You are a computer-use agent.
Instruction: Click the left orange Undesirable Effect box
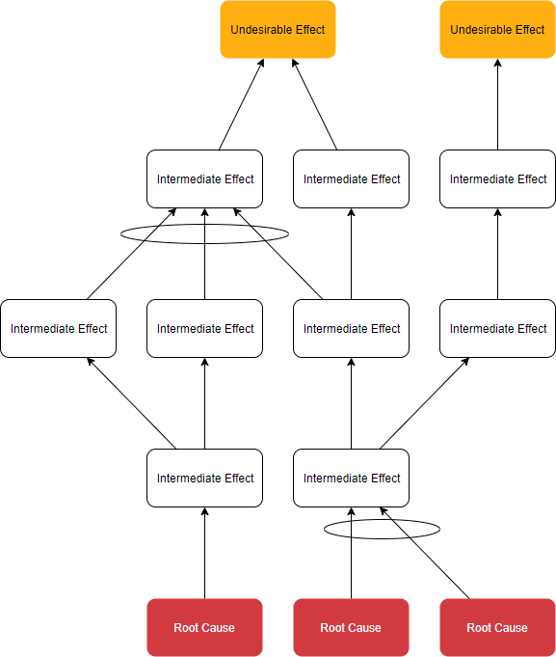(278, 30)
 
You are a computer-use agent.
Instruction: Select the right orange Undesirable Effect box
(497, 30)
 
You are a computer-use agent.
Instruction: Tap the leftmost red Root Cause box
(204, 627)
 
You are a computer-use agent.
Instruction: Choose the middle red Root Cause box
(351, 627)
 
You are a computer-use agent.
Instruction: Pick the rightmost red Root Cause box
(497, 627)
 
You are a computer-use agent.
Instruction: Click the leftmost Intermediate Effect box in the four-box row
(59, 328)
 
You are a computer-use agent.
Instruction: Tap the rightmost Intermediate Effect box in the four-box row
(497, 328)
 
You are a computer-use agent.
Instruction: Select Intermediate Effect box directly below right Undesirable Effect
(497, 178)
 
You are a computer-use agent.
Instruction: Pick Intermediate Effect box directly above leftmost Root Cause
(204, 478)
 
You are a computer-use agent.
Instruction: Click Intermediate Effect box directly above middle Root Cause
(351, 478)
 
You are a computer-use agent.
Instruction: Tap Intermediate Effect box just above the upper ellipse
(204, 178)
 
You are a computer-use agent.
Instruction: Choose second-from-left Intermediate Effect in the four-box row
(204, 328)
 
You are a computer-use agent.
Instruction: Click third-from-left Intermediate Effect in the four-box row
(351, 328)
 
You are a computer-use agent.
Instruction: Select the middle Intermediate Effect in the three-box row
(351, 178)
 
